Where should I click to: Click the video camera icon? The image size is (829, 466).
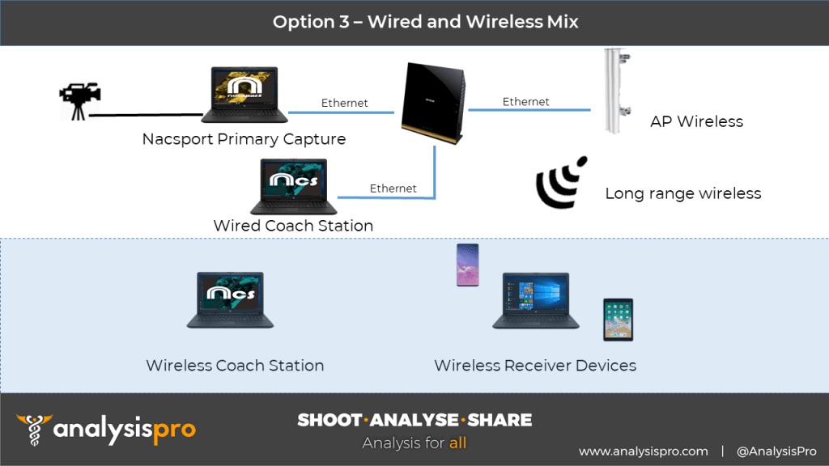click(79, 101)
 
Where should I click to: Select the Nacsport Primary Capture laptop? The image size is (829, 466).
click(244, 95)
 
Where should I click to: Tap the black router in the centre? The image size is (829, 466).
click(433, 103)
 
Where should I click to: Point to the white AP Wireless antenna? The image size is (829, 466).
click(617, 91)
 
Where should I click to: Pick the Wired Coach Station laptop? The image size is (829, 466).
click(293, 186)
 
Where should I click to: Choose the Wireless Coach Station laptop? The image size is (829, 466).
click(230, 299)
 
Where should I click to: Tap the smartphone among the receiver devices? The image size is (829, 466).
click(467, 265)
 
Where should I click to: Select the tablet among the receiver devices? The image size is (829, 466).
click(618, 320)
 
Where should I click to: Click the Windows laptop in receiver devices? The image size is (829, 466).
click(536, 300)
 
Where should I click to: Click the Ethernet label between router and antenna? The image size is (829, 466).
click(525, 101)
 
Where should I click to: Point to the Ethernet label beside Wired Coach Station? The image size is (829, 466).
click(393, 188)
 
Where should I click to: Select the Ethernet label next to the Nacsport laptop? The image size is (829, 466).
click(344, 103)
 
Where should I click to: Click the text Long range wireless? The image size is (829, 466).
click(683, 193)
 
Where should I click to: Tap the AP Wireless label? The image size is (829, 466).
click(696, 121)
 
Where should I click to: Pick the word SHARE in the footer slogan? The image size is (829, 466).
click(500, 420)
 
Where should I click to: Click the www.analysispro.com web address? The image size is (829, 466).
click(644, 451)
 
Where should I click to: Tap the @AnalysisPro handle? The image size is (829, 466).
click(776, 451)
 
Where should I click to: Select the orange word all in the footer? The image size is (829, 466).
click(458, 443)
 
